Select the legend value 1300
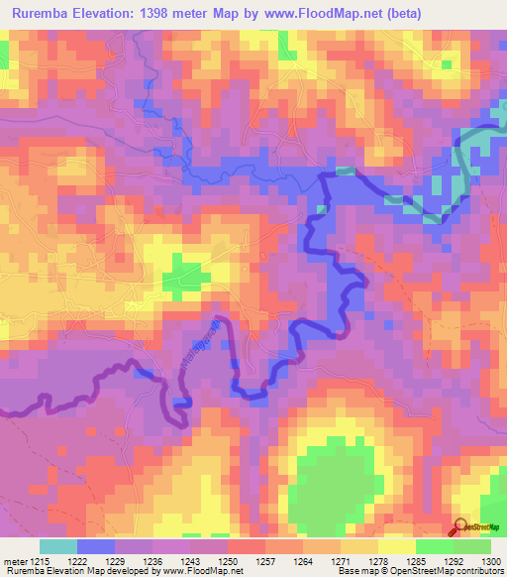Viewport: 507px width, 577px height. pyautogui.click(x=490, y=561)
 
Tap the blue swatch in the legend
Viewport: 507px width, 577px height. pyautogui.click(x=96, y=546)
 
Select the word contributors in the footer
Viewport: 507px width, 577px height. pyautogui.click(x=479, y=572)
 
